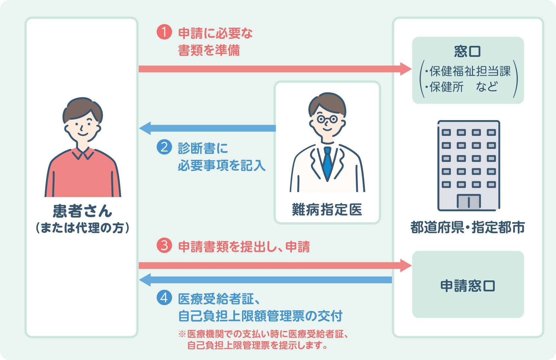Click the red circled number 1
point(164,32)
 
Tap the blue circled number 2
point(164,147)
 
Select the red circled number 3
point(164,246)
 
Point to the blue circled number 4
point(164,297)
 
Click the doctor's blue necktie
point(327,164)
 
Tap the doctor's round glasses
point(327,119)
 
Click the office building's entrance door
point(469,201)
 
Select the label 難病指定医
point(327,210)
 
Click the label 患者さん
point(82,211)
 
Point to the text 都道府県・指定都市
point(467,228)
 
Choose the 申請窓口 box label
point(467,286)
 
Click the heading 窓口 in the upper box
point(467,52)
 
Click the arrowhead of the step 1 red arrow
point(406,69)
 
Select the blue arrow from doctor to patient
point(208,128)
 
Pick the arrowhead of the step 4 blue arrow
point(145,280)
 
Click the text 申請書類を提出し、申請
point(244,247)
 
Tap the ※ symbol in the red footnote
point(182,334)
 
